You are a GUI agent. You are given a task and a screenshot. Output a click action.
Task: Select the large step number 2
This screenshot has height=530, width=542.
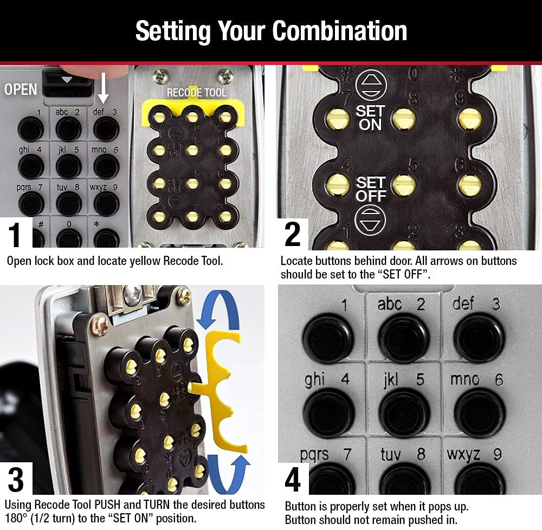(293, 235)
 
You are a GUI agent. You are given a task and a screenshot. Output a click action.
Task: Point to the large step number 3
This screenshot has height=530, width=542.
(16, 479)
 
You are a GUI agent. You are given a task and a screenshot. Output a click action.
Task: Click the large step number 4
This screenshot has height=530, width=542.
(293, 479)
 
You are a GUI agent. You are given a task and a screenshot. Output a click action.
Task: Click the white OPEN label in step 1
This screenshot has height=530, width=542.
(21, 89)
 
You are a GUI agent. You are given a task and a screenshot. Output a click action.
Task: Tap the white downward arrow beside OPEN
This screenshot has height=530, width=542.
(103, 90)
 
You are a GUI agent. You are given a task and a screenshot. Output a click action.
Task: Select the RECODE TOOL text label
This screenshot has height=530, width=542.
(196, 93)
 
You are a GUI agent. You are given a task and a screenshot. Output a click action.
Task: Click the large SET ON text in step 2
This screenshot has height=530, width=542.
(370, 118)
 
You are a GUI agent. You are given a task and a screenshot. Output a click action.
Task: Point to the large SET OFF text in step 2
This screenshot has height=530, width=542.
(370, 190)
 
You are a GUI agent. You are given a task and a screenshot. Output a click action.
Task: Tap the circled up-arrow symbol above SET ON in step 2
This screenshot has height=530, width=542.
(370, 86)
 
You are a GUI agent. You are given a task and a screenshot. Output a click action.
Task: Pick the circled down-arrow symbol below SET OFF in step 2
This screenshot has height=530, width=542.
(370, 220)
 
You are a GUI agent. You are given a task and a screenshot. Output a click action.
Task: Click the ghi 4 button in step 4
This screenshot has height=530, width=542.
(328, 412)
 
